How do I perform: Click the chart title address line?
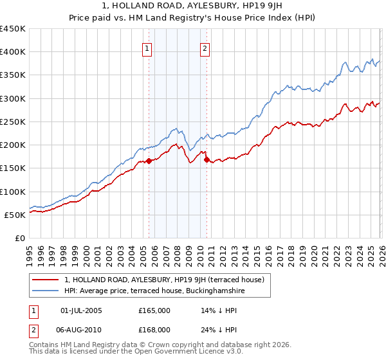(x=193, y=6)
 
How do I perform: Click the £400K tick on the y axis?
(x=13, y=52)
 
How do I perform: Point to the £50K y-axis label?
(x=15, y=215)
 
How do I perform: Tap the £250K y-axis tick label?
(x=13, y=122)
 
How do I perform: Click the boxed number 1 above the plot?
(x=147, y=48)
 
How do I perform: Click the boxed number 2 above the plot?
(x=205, y=48)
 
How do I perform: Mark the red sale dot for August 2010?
(x=207, y=160)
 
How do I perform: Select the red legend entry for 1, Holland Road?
(x=167, y=280)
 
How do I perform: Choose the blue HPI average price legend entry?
(x=154, y=291)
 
